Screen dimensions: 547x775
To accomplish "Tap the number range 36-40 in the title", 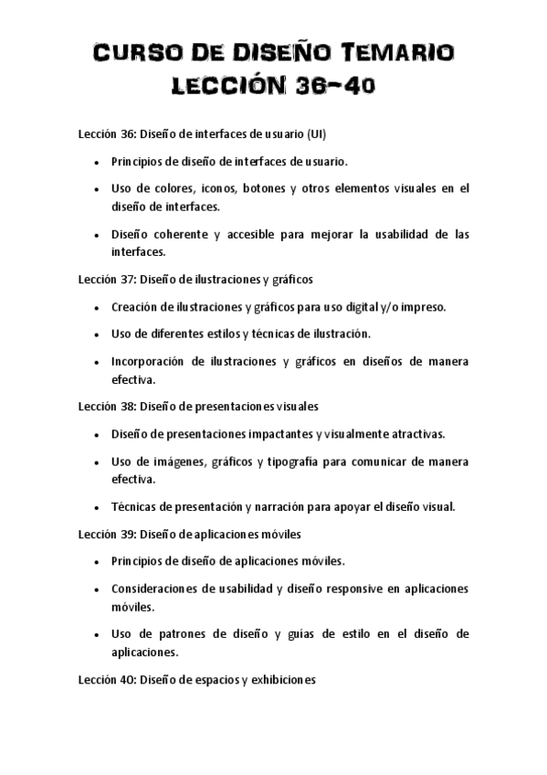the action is point(336,88).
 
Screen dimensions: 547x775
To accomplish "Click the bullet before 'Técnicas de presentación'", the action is point(97,506).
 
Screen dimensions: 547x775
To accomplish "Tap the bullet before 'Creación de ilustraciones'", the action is point(97,308).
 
